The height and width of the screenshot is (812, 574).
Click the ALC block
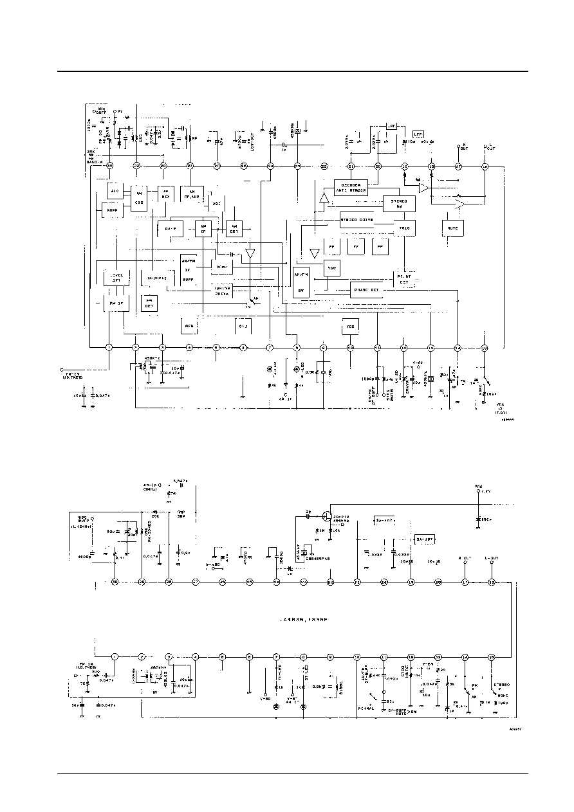coord(115,191)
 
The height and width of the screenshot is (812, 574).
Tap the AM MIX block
coord(165,193)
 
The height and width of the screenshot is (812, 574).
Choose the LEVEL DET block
coord(117,278)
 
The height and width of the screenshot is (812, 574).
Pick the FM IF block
coord(116,302)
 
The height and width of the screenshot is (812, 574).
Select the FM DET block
coord(149,303)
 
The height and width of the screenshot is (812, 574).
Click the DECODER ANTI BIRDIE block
coord(350,185)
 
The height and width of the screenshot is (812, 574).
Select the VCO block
coord(331,267)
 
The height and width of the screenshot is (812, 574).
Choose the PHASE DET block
coord(367,290)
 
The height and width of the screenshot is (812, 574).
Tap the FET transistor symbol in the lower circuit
coord(327,516)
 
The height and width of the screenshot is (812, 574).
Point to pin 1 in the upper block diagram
coord(109,348)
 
